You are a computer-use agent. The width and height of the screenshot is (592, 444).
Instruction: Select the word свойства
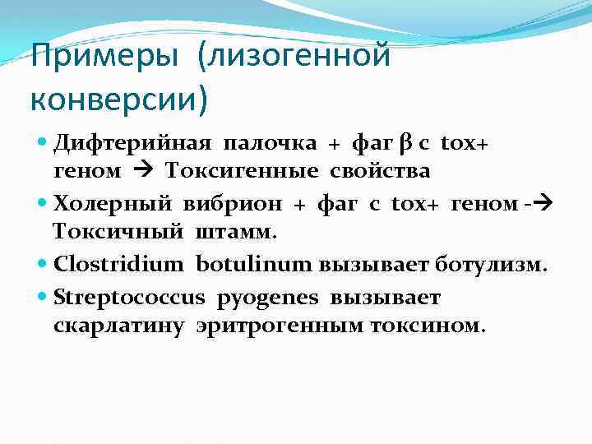point(380,171)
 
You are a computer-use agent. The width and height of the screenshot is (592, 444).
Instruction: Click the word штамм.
point(237,231)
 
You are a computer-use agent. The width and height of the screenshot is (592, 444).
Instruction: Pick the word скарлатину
point(120,325)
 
